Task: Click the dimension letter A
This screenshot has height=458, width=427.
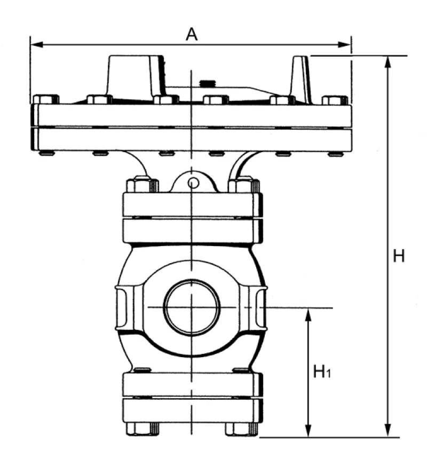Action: (x=192, y=34)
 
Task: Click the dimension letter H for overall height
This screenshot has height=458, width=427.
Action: (x=399, y=256)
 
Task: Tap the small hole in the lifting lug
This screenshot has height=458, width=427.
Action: (x=194, y=184)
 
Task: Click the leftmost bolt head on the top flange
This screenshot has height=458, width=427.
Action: (x=46, y=99)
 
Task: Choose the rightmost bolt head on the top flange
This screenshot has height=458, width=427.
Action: (x=335, y=100)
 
